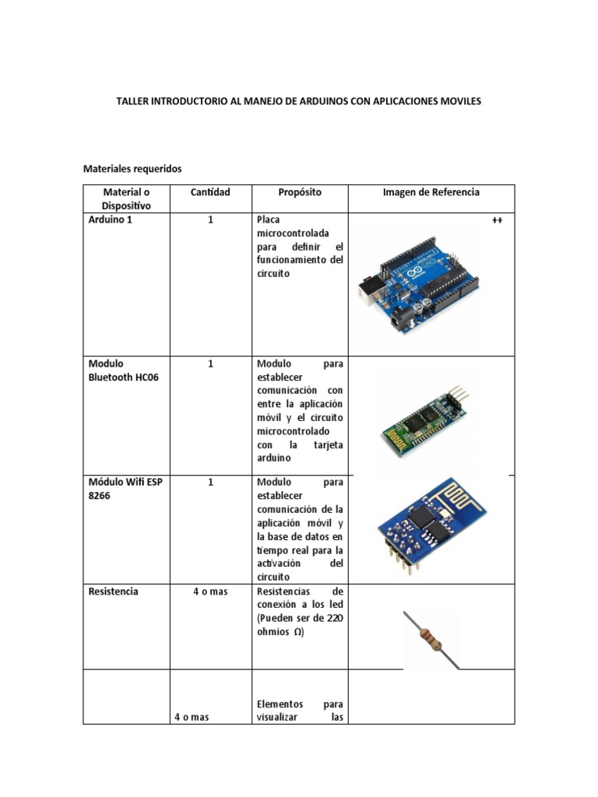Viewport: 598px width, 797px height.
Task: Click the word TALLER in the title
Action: pyautogui.click(x=133, y=101)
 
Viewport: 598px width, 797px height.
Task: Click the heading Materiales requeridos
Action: pyautogui.click(x=132, y=168)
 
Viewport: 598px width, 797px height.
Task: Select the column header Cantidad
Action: pyautogui.click(x=210, y=192)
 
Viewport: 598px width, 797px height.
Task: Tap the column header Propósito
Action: pyautogui.click(x=300, y=192)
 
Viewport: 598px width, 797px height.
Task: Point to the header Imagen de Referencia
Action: pyautogui.click(x=431, y=192)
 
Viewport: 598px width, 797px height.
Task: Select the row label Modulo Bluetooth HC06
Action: pyautogui.click(x=124, y=370)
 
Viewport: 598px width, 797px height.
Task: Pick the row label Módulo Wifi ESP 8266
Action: pyautogui.click(x=125, y=489)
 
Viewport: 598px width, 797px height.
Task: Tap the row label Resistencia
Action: pyautogui.click(x=114, y=592)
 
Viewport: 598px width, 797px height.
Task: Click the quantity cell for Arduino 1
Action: pyautogui.click(x=210, y=220)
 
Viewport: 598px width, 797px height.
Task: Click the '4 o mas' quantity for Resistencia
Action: pyautogui.click(x=210, y=592)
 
